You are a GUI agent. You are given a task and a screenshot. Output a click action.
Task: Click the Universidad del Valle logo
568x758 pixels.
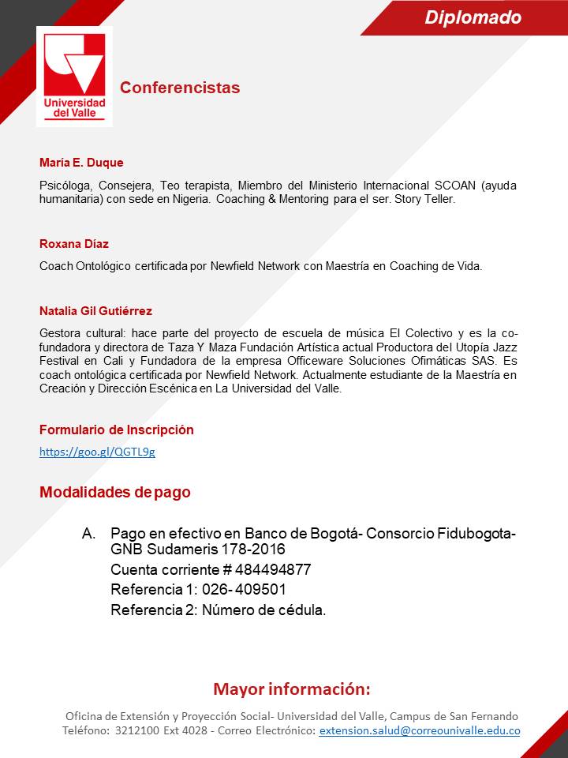click(74, 77)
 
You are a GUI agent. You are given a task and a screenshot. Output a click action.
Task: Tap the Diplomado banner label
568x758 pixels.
click(473, 17)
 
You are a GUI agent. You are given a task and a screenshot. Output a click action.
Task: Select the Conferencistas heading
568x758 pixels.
click(180, 88)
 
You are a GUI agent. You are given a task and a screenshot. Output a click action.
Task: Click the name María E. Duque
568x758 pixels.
click(81, 163)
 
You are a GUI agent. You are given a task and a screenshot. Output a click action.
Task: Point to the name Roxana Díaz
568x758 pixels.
click(74, 244)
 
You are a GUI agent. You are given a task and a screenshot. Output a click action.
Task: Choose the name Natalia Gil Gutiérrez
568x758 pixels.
click(101, 311)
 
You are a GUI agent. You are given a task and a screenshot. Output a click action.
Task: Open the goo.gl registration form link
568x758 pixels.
click(97, 452)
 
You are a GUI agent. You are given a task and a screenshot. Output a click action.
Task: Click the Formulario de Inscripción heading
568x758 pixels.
click(116, 430)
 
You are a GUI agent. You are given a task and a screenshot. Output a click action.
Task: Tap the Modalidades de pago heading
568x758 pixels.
click(115, 493)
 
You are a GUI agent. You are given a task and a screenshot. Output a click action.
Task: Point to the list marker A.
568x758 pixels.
click(88, 534)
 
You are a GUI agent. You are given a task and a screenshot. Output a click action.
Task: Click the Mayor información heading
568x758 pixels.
click(291, 689)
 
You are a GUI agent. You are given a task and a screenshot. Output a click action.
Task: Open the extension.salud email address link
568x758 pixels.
click(419, 731)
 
